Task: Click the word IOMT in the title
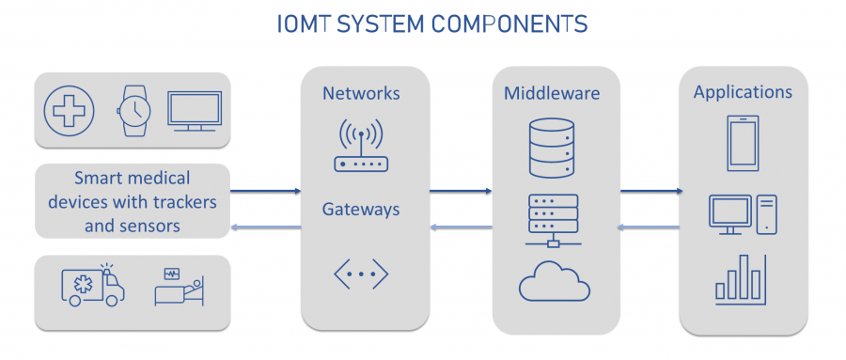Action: pos(307,23)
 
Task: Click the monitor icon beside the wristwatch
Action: pos(195,111)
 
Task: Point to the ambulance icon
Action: pos(91,286)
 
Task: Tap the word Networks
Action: pos(361,93)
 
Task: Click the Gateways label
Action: pos(361,208)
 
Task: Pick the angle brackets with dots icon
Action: pos(361,274)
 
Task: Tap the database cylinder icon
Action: pos(550,147)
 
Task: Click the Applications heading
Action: pos(743,92)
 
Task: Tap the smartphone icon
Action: pos(743,143)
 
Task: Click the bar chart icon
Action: pos(743,279)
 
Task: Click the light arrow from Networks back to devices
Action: pos(265,227)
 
